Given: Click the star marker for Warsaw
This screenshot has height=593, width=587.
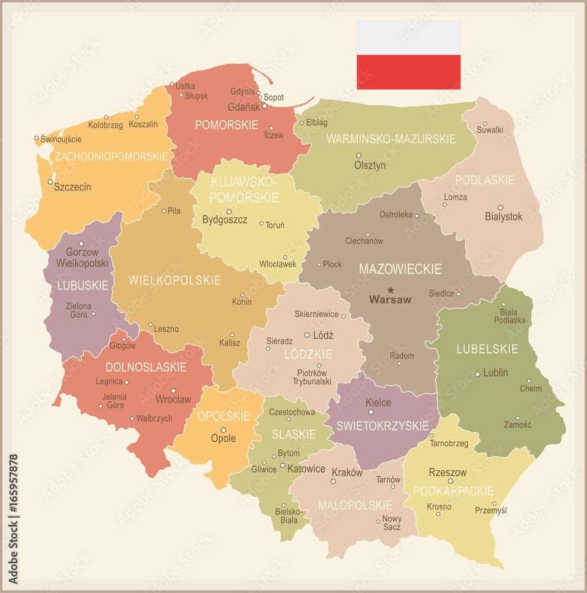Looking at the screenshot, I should coord(390,289).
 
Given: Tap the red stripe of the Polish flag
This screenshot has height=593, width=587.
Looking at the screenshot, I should coord(408,72).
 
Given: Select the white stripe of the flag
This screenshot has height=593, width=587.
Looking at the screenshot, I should coord(408,37).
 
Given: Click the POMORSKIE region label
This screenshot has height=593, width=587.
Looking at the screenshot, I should coord(226,125).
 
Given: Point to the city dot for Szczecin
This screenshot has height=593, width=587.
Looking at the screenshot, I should coord(50,182).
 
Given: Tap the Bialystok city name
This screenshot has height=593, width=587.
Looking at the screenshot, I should coord(503,216).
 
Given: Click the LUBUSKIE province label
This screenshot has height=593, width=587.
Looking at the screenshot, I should coord(83,285).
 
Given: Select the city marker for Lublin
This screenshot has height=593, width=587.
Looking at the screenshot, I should coord(478,374).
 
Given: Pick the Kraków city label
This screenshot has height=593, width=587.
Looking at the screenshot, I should coord(347,473).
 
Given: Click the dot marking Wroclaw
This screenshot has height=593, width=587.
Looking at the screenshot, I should coord(173,391).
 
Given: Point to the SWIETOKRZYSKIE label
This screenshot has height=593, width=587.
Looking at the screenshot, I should coord(382,426).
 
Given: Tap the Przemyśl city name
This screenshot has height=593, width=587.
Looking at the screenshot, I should coord(491,510).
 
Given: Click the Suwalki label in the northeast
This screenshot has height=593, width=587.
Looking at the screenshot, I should coord(490,129).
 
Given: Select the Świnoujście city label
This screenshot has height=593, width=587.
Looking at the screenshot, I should coord(61,139).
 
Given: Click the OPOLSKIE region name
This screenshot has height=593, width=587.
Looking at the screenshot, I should coord(224,416).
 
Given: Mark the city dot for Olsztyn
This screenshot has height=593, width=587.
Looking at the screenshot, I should coord(358,155).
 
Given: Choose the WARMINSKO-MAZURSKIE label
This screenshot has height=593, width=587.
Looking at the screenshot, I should coord(391,139).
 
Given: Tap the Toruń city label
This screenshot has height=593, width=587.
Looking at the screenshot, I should coord(275,225).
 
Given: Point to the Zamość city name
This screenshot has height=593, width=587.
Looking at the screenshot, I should coord(518,425).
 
